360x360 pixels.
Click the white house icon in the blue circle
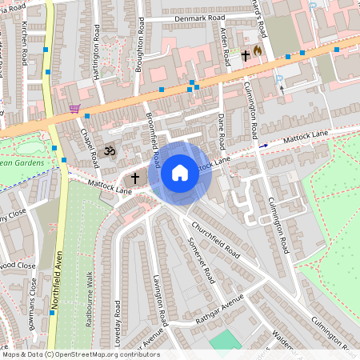click(x=180, y=172)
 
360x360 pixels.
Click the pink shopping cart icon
click(x=74, y=108)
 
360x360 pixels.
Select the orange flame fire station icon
click(x=257, y=50)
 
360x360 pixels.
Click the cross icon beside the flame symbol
click(x=245, y=56)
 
